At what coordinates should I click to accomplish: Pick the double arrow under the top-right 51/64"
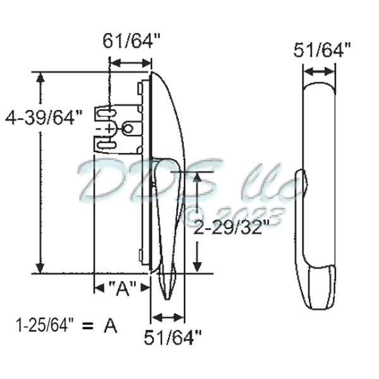pos(323,70)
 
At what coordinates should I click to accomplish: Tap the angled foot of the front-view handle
pos(322,287)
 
